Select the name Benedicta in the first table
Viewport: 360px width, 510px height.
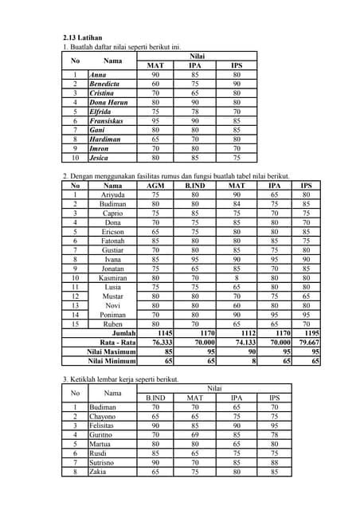point(104,84)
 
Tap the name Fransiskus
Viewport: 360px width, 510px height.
point(106,121)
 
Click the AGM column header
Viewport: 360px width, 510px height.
point(156,185)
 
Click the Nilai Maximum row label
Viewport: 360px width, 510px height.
point(112,351)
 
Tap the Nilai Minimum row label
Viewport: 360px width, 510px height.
point(112,361)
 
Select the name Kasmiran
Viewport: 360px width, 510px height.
point(112,278)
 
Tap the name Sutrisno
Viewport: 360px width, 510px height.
point(104,462)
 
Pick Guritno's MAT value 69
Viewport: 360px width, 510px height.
point(194,434)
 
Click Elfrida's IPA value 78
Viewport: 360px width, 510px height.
point(195,112)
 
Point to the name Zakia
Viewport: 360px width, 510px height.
point(100,472)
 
